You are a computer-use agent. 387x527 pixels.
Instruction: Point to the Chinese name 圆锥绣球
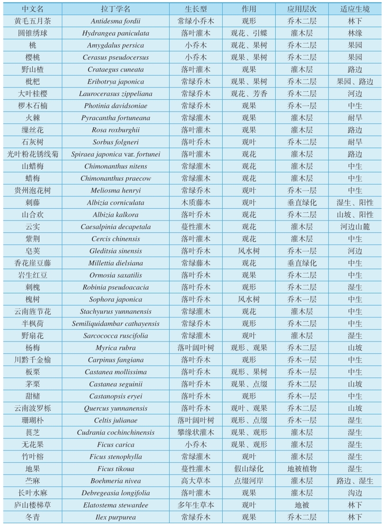tap(31, 33)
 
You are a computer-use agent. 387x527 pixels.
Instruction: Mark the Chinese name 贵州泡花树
tap(31, 191)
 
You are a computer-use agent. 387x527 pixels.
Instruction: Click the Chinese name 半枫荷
tap(31, 324)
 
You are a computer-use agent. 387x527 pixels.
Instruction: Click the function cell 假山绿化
tap(249, 469)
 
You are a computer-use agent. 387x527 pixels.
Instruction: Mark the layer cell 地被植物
tap(302, 469)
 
